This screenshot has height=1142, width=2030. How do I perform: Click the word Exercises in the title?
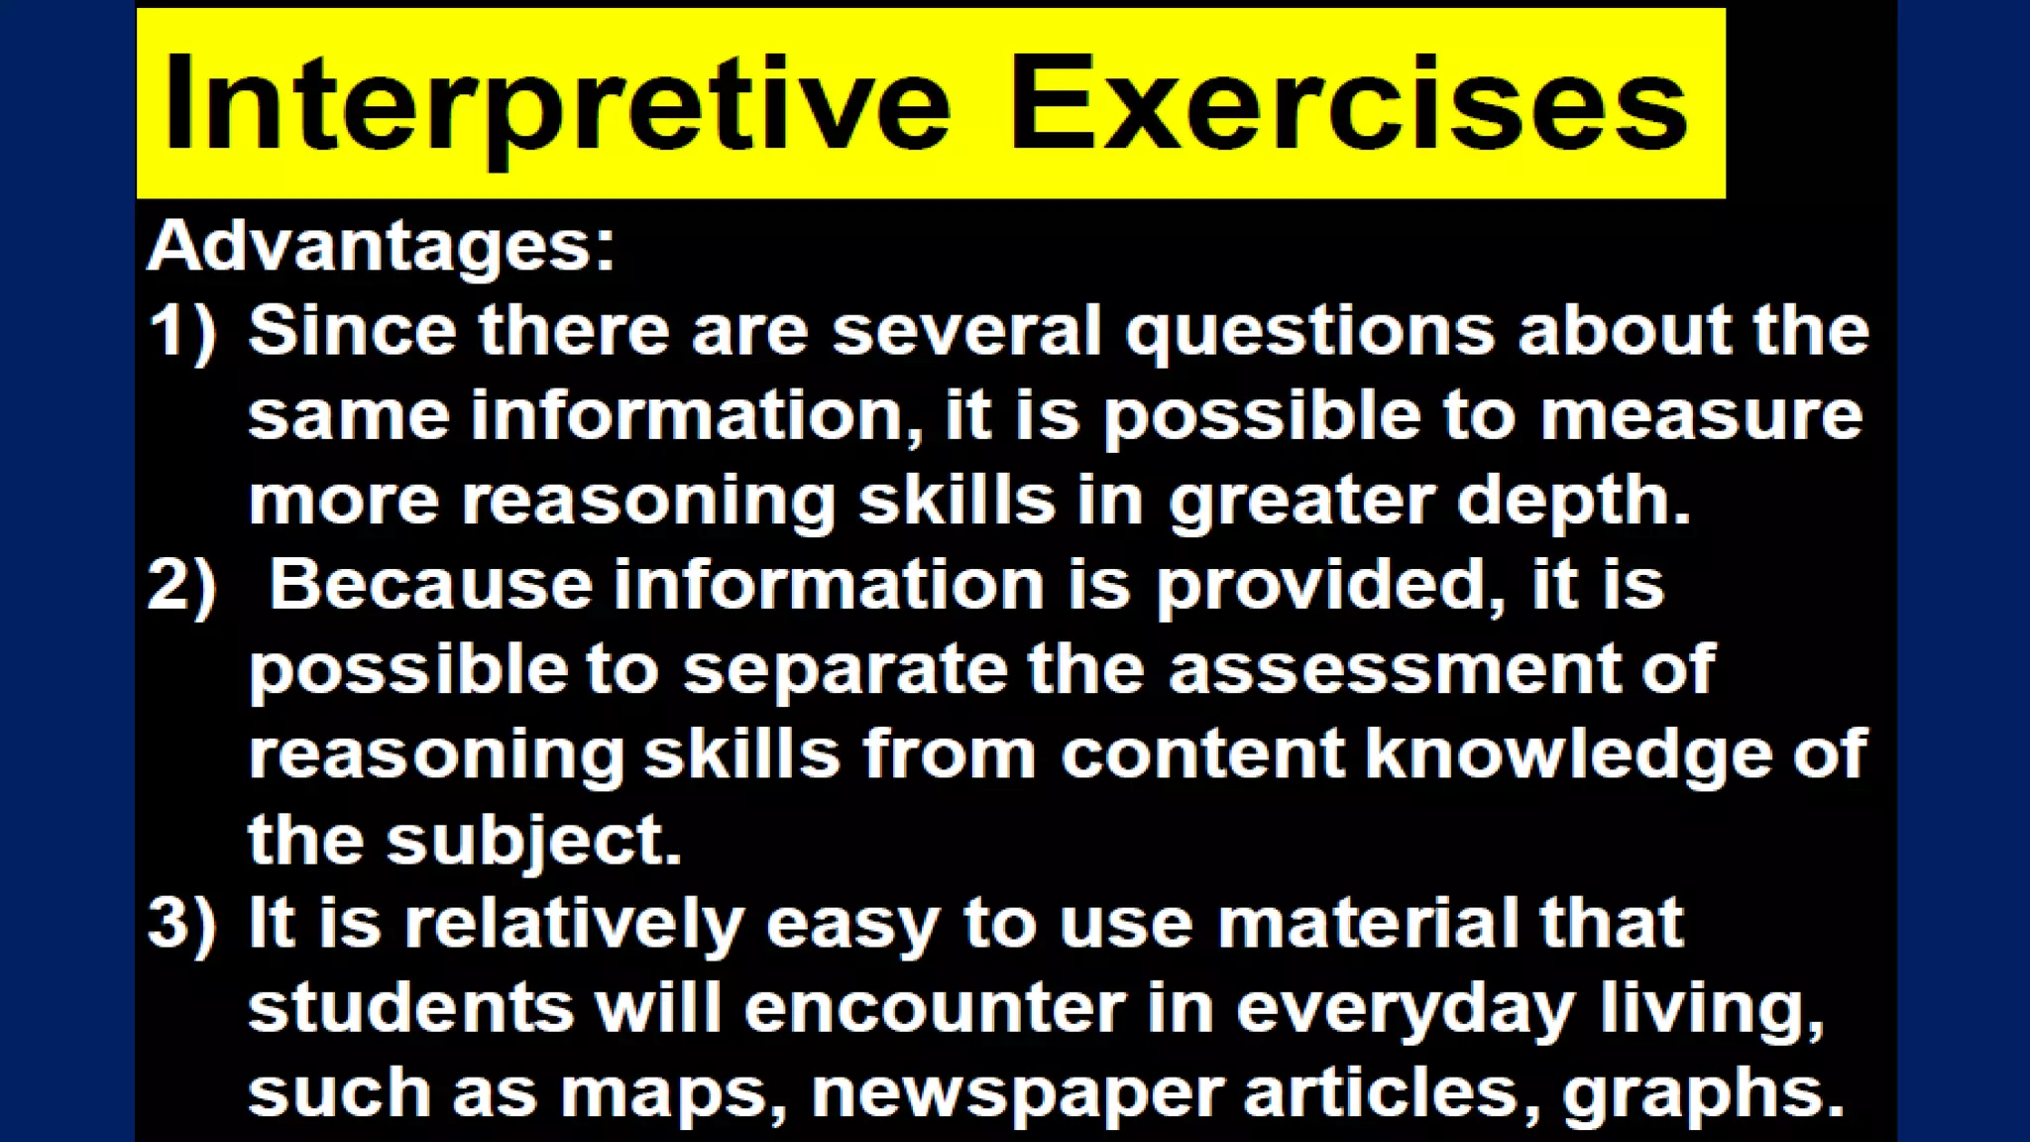click(1348, 105)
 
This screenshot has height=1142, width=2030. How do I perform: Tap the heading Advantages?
click(382, 245)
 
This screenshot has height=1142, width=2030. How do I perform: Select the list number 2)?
click(182, 584)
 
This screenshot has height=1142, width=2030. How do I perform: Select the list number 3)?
click(182, 923)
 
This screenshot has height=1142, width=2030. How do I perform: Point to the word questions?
click(1309, 333)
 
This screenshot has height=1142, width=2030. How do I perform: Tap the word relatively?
click(574, 924)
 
